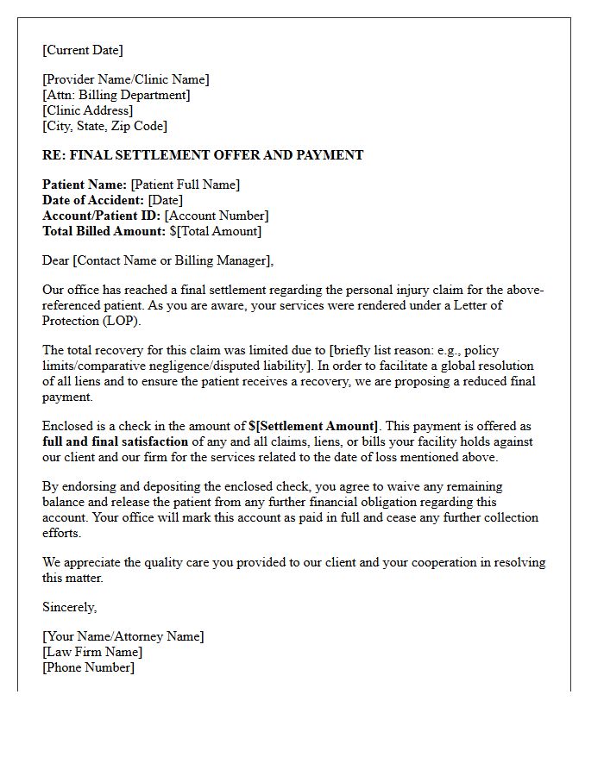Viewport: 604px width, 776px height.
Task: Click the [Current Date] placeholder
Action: point(83,50)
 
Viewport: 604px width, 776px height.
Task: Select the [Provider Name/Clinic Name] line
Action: point(126,79)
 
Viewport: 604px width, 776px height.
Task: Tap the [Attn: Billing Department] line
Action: point(116,95)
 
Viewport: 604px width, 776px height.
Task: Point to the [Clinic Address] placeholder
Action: point(88,110)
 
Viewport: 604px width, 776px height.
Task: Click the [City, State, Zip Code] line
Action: point(105,126)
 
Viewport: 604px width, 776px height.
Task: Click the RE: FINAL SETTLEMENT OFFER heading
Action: point(203,155)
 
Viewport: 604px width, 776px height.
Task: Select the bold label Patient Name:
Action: point(85,185)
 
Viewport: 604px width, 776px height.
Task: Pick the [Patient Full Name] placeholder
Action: point(186,185)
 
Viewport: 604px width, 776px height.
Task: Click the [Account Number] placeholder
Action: point(217,216)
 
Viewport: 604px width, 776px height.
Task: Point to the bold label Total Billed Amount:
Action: point(104,231)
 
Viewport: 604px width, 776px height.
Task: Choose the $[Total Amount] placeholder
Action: point(216,231)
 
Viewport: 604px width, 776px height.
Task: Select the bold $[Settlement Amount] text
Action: point(313,426)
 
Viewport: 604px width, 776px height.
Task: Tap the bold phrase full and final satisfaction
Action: point(115,441)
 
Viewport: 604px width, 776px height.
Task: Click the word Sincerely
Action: point(70,607)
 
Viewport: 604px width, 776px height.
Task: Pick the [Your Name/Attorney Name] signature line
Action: point(123,636)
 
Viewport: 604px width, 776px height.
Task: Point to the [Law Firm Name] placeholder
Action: point(92,652)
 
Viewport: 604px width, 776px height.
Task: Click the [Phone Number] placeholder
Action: point(89,667)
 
